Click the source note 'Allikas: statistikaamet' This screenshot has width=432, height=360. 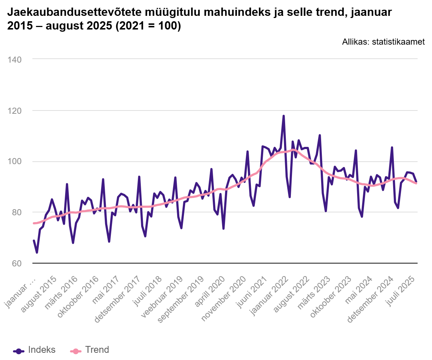click(383, 42)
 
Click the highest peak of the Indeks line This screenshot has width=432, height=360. click(284, 116)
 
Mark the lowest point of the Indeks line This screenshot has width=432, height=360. click(37, 253)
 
